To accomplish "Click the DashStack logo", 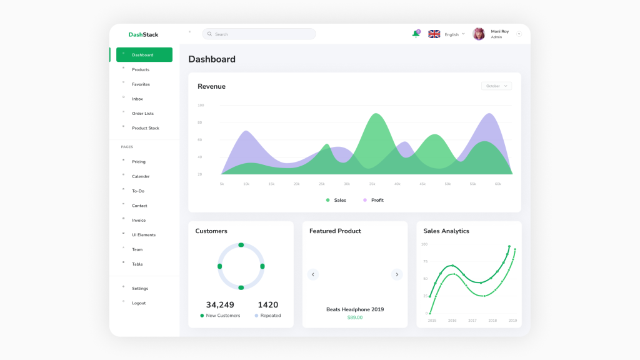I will [143, 34].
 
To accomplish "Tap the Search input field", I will [259, 34].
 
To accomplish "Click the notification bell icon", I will [416, 34].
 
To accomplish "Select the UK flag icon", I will [434, 34].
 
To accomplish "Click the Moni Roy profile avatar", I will [479, 34].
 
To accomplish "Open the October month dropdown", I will [496, 86].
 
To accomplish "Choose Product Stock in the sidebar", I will [145, 128].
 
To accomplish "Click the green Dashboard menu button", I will [144, 55].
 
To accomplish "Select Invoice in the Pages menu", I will [139, 220].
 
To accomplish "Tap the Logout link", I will [139, 303].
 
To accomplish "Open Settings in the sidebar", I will [140, 288].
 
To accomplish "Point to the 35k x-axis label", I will [372, 184].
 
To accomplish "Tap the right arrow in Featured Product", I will [396, 274].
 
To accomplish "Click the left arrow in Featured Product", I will [313, 274].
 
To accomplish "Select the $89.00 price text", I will [355, 317].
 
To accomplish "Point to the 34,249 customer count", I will [220, 305].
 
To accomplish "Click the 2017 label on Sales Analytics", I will [472, 321].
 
